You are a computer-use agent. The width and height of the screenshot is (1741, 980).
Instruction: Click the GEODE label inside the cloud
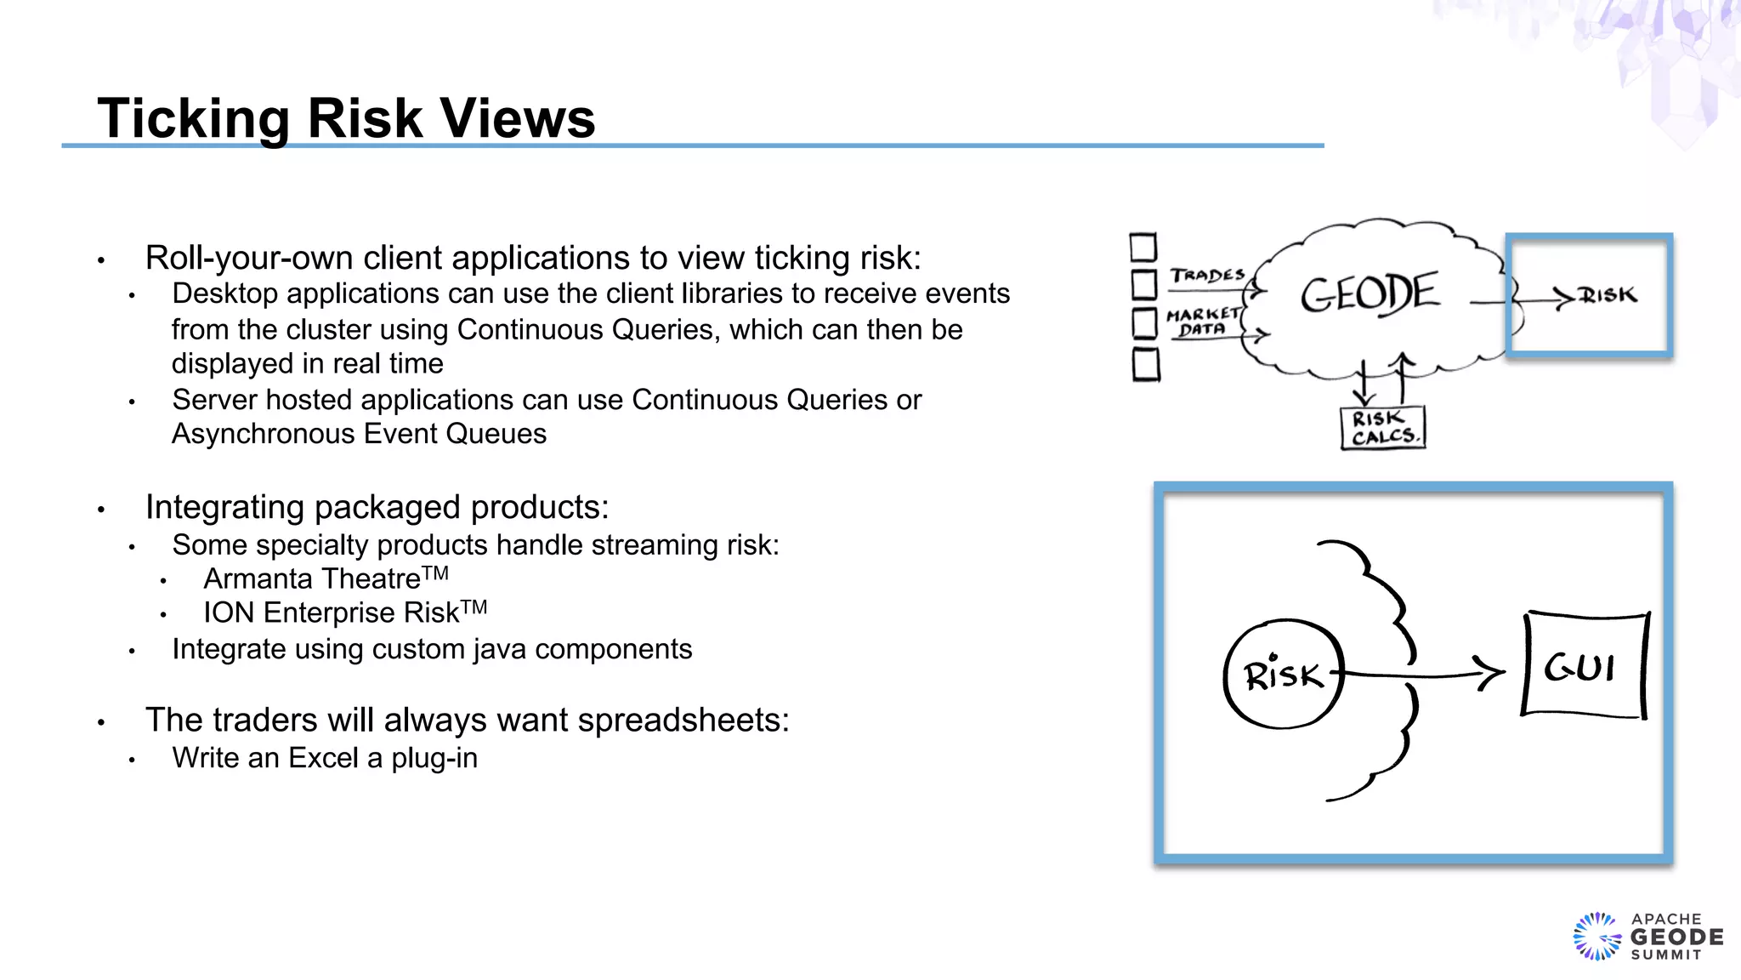(1369, 293)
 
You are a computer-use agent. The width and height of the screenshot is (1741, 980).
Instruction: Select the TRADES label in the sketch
(1206, 276)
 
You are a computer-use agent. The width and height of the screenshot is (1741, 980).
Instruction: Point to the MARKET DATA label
(1202, 322)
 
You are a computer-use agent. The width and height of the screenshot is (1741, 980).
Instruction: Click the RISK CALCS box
(1383, 428)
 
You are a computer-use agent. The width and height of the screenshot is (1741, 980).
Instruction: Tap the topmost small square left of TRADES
(1143, 248)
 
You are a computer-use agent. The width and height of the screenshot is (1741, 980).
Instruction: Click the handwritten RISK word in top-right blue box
(1608, 295)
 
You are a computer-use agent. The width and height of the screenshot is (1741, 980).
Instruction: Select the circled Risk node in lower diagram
(1283, 675)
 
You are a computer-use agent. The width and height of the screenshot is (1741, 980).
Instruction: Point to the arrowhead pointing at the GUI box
(1492, 672)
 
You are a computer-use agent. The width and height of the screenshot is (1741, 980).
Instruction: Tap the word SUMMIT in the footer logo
(1666, 955)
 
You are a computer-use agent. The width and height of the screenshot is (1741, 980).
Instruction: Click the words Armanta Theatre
(312, 579)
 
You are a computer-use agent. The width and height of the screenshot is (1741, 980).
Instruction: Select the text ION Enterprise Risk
(332, 613)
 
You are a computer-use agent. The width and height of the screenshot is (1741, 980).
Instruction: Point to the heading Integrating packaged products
(377, 507)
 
